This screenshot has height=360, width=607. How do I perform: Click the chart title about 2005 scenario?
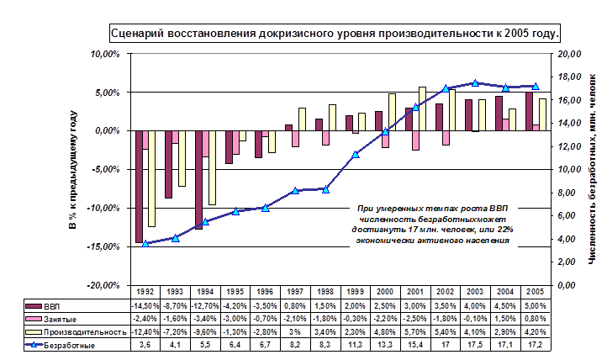tap(335, 34)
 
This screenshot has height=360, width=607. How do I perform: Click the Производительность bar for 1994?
tap(213, 168)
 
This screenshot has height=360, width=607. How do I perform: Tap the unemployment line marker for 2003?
tap(475, 83)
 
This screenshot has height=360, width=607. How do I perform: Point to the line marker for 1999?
tap(356, 154)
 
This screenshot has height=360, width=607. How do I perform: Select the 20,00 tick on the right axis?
tap(571, 54)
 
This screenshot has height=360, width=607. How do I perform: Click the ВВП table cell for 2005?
tap(535, 305)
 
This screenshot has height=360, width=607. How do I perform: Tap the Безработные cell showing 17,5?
tap(475, 345)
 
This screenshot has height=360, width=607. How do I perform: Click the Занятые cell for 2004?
tap(504, 319)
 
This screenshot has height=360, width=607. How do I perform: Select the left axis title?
tap(73, 168)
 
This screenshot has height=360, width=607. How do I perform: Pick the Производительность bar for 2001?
tap(423, 109)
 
